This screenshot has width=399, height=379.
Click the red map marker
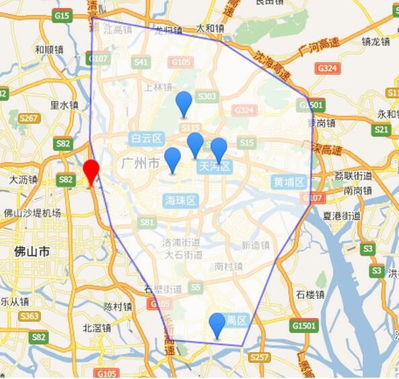tap(91, 171)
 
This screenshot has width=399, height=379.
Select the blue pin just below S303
tap(184, 104)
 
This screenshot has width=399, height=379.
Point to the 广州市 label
tap(141, 164)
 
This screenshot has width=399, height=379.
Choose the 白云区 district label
tap(147, 139)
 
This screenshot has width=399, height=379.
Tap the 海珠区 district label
tap(180, 200)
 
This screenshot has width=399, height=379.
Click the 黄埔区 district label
tap(289, 182)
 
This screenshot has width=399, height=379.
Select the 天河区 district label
tap(215, 166)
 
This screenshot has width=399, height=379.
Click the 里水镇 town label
tap(65, 105)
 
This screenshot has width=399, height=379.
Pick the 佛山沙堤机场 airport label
tap(32, 213)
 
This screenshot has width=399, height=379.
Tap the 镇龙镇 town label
tap(375, 41)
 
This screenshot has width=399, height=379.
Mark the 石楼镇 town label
tap(310, 294)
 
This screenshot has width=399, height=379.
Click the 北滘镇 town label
tap(96, 329)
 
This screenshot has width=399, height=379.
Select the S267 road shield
tap(28, 118)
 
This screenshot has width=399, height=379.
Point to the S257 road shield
tap(258, 357)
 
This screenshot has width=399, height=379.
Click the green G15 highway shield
tap(62, 15)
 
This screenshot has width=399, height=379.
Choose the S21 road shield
tap(381, 130)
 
